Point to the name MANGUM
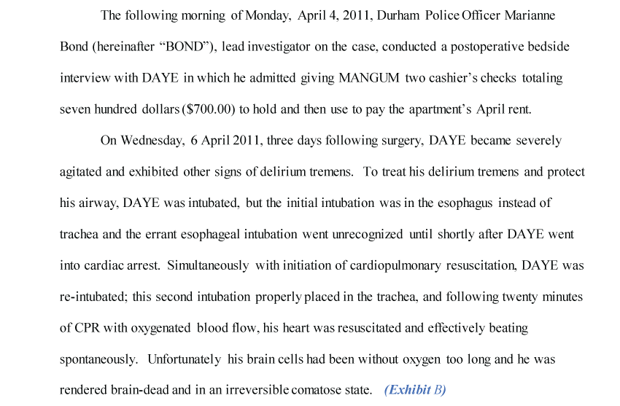365,78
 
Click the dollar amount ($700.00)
211,109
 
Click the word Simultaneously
208,266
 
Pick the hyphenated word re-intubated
91,297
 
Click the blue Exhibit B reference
415,390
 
